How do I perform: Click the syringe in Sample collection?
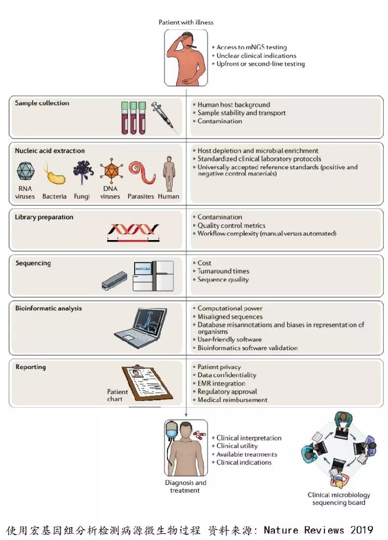pos(165,116)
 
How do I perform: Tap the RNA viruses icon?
pos(26,171)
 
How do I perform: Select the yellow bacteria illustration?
pos(55,174)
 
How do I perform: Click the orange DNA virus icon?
pos(111,171)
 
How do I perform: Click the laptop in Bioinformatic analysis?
pos(141,324)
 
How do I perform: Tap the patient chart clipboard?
pos(147,382)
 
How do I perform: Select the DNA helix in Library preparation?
pos(133,232)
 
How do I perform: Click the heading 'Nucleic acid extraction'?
pos(50,151)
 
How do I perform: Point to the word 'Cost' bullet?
pos(204,263)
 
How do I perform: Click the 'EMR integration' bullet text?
pos(222,384)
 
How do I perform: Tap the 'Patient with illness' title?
pos(186,22)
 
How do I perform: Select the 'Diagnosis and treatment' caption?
pos(185,486)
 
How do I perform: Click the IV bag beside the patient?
pos(171,430)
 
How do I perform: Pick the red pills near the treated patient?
pos(199,435)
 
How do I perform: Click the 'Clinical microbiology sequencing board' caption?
pos(339,498)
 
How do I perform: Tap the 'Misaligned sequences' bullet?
pos(230,316)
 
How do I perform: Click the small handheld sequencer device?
pos(114,281)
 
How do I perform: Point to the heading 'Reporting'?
pos(30,367)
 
